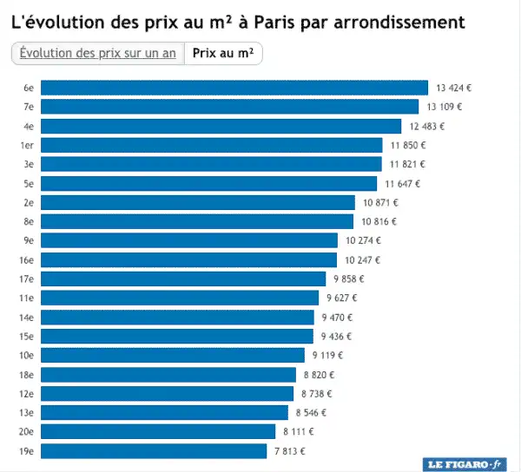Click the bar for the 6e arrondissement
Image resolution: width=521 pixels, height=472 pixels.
tap(234, 88)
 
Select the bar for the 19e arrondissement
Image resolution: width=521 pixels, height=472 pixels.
tap(154, 451)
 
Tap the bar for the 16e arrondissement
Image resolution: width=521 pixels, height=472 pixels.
tap(188, 260)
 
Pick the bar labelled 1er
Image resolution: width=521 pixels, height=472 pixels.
tap(212, 145)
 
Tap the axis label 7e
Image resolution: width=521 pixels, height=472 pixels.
tap(29, 107)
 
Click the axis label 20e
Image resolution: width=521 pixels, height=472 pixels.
tap(27, 431)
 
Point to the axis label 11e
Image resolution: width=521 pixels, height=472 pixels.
tap(27, 298)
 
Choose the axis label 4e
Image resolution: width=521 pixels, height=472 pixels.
tap(29, 126)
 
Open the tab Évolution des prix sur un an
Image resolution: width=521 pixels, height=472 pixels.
tap(97, 53)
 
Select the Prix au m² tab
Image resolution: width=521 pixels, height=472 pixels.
tap(223, 53)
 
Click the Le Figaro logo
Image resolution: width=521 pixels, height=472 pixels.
tap(464, 464)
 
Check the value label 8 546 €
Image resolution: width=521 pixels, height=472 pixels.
tap(311, 412)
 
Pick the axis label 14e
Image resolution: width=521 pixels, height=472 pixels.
tap(27, 317)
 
